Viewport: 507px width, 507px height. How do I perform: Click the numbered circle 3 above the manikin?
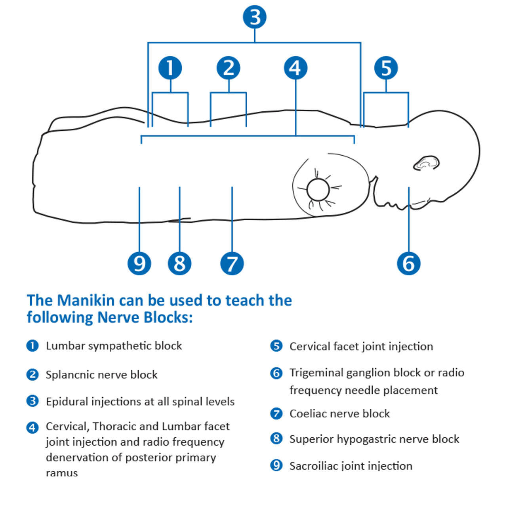pyautogui.click(x=255, y=17)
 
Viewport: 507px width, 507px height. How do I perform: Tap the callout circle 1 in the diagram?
pyautogui.click(x=170, y=68)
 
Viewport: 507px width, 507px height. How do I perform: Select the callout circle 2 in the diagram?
pyautogui.click(x=229, y=68)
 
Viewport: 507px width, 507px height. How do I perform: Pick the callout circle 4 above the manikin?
pyautogui.click(x=295, y=68)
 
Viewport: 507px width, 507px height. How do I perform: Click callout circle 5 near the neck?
pyautogui.click(x=386, y=68)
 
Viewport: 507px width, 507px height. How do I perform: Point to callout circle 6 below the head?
pyautogui.click(x=408, y=263)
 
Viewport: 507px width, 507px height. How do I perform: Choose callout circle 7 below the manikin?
pyautogui.click(x=232, y=263)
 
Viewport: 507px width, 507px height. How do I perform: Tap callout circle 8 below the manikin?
pyautogui.click(x=179, y=263)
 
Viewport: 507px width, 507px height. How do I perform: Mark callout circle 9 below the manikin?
pyautogui.click(x=139, y=263)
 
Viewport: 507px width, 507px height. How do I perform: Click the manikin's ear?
pyautogui.click(x=427, y=163)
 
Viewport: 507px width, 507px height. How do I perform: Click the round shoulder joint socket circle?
pyautogui.click(x=318, y=190)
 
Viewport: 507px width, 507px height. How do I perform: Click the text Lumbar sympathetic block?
pyautogui.click(x=114, y=346)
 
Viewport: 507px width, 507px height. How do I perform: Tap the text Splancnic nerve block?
pyautogui.click(x=101, y=375)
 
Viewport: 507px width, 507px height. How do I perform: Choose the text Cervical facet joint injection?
pyautogui.click(x=361, y=347)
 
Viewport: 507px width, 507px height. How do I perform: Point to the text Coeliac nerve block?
pyautogui.click(x=339, y=414)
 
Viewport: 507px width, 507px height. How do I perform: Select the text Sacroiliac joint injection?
pyautogui.click(x=351, y=466)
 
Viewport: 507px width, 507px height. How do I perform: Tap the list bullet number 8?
pyautogui.click(x=276, y=438)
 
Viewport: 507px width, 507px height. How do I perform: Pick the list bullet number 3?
pyautogui.click(x=32, y=401)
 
